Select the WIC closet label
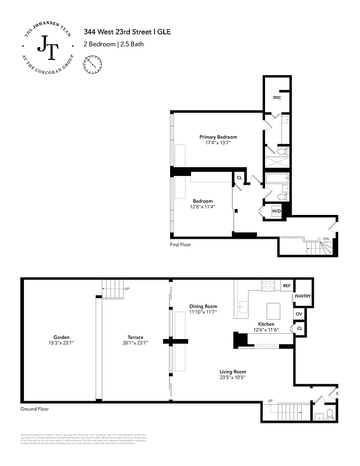click(x=277, y=97)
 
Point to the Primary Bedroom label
click(x=218, y=137)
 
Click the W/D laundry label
click(x=277, y=211)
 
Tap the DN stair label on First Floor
click(x=326, y=239)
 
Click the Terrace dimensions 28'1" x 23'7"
click(x=136, y=343)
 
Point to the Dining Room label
click(x=203, y=306)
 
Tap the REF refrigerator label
click(x=286, y=286)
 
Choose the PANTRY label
click(x=303, y=296)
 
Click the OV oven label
click(x=299, y=314)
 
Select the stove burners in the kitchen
click(x=269, y=285)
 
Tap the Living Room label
click(x=232, y=372)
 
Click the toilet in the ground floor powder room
click(x=329, y=414)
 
